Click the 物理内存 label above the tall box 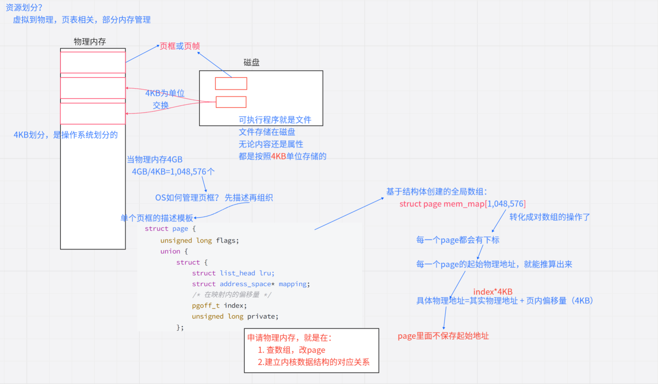pos(90,41)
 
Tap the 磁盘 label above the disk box pos(251,62)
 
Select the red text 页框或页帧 pos(180,46)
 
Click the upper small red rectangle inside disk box pos(231,83)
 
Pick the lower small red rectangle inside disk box pos(231,102)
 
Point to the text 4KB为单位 pos(164,93)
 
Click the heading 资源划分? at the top pos(24,7)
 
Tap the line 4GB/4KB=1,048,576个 pos(173,171)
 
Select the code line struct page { pos(170,228)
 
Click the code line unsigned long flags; pos(199,240)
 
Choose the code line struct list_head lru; pos(233,273)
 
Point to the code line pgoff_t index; pos(219,305)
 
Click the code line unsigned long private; pos(235,316)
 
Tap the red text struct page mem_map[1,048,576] pos(462,204)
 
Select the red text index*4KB pos(493,291)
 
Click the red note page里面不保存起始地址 pos(443,336)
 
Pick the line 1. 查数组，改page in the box pos(292,350)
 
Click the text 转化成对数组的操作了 pos(549,217)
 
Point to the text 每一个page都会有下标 pos(458,240)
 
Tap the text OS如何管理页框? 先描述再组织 pos(214,197)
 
